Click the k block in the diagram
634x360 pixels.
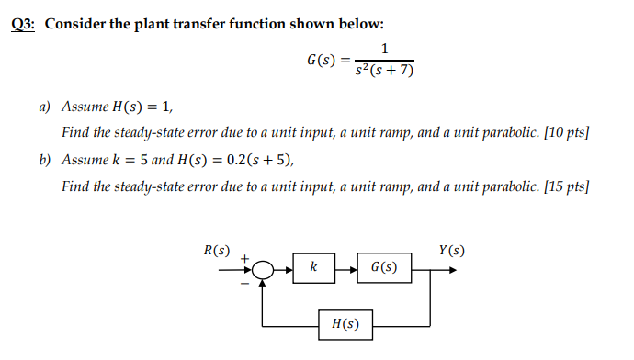(x=313, y=268)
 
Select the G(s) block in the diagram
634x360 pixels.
(x=384, y=268)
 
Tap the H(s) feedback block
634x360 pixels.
(x=345, y=323)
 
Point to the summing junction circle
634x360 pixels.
(x=264, y=269)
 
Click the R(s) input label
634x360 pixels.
(x=217, y=249)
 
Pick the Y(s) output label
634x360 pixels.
(x=451, y=249)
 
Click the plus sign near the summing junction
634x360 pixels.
(x=245, y=258)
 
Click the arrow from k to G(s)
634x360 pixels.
(x=345, y=269)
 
